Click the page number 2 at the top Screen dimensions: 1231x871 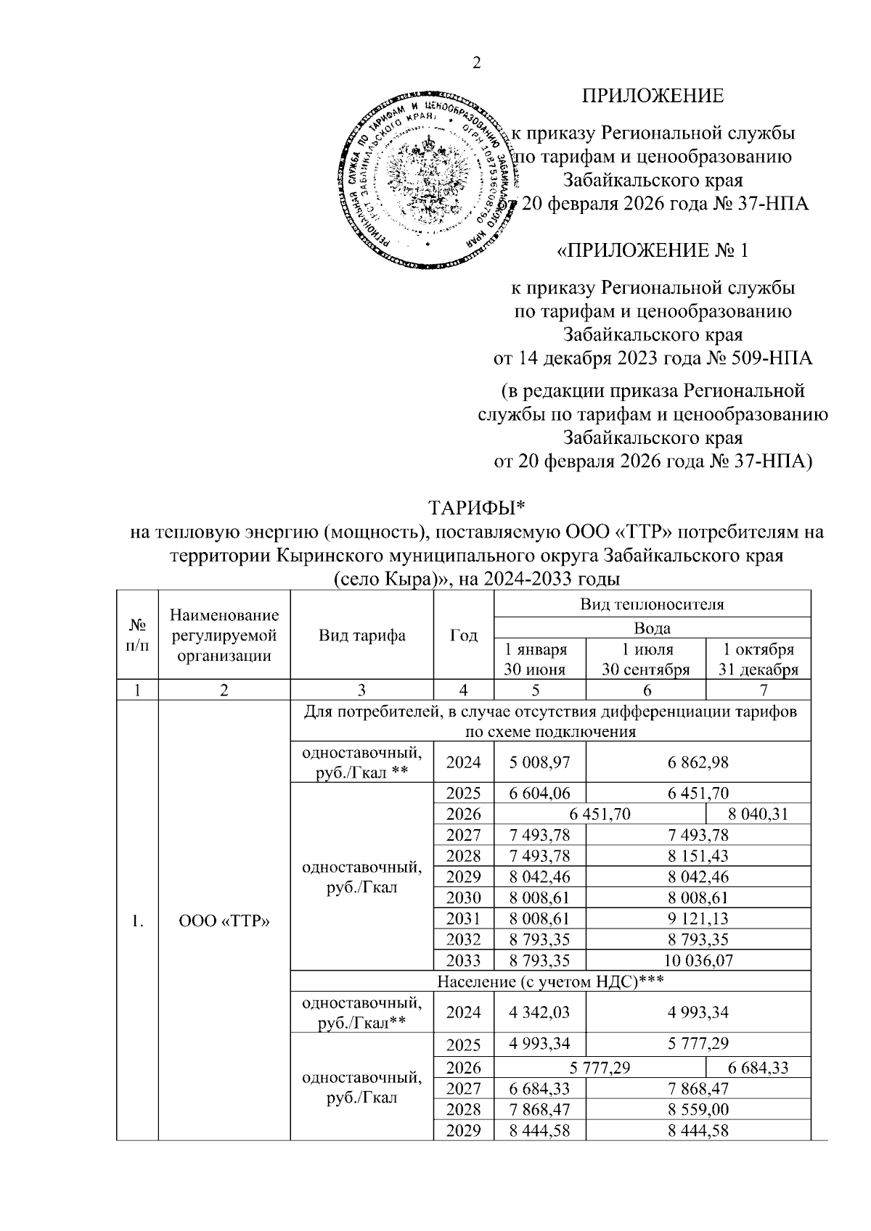[x=477, y=64]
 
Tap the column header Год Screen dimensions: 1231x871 [x=463, y=636]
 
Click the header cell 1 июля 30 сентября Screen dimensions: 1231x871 [x=645, y=659]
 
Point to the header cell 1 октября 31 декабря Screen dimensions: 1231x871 [x=758, y=659]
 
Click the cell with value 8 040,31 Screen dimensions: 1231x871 [x=758, y=814]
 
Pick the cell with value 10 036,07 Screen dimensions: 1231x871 [x=697, y=960]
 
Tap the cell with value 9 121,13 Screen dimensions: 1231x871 [x=697, y=918]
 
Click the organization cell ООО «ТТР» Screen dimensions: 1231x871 [x=224, y=921]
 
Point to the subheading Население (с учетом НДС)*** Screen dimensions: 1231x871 [x=550, y=981]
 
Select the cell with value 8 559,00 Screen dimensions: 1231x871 [x=697, y=1108]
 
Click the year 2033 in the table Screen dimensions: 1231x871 [x=463, y=960]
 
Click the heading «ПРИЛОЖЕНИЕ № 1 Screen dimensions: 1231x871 [x=651, y=250]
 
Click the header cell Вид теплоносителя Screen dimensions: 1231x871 [x=651, y=604]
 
